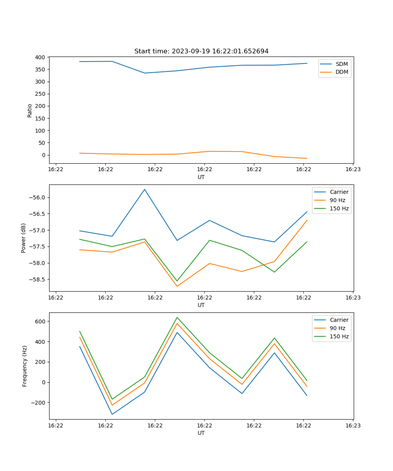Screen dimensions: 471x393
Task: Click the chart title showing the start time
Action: tap(201, 51)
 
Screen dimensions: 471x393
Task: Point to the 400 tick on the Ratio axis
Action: tap(40, 57)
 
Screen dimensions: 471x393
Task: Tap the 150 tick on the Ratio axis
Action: tap(40, 119)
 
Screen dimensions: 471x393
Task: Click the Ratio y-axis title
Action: tap(30, 110)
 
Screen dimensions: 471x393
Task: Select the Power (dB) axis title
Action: tap(24, 238)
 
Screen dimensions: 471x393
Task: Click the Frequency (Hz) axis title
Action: tap(25, 366)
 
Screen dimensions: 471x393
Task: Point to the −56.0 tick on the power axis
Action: tap(37, 197)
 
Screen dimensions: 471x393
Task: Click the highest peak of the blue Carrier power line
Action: tap(145, 189)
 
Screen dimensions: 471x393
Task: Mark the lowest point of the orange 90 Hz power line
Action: tap(177, 286)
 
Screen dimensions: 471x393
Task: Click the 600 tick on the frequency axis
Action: tap(41, 321)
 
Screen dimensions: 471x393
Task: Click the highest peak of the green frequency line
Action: tap(177, 317)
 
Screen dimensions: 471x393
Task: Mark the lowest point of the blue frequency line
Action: tap(112, 414)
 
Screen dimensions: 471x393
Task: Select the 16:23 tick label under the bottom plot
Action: tap(353, 425)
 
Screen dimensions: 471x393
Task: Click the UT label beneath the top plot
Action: tap(201, 177)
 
